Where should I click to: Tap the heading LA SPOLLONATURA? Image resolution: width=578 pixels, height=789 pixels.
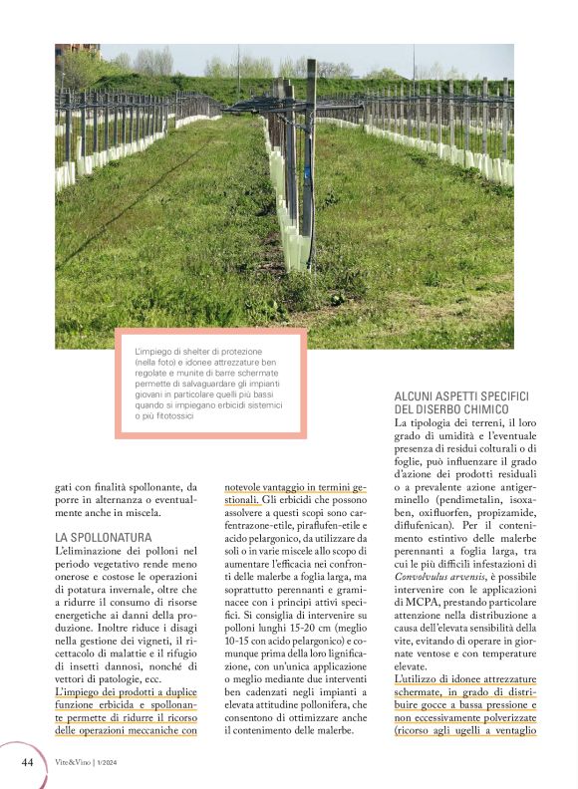pyautogui.click(x=104, y=537)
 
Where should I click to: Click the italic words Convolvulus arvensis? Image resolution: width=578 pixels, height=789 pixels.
pyautogui.click(x=438, y=576)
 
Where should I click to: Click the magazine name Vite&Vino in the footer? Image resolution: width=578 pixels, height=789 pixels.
pyautogui.click(x=71, y=764)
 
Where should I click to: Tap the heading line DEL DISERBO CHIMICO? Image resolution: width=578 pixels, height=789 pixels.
pyautogui.click(x=451, y=409)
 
